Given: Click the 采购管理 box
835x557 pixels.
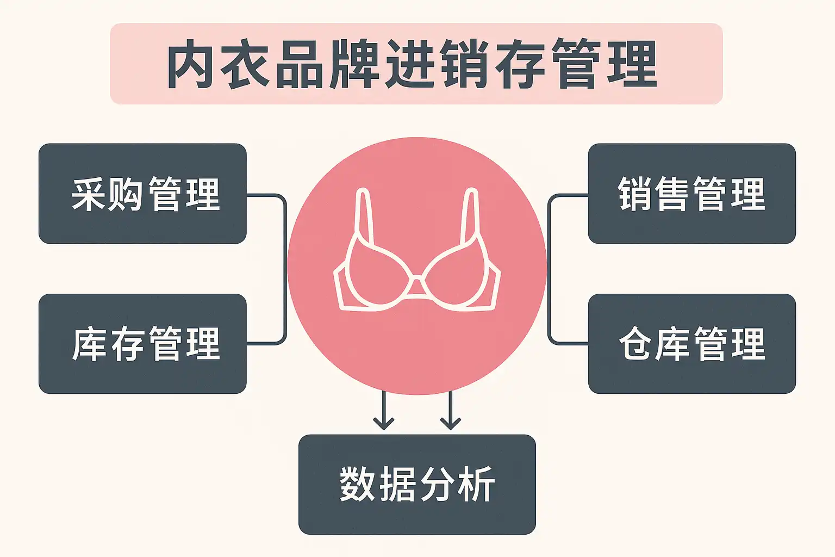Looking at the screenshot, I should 142,194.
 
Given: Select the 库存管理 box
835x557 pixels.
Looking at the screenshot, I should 142,344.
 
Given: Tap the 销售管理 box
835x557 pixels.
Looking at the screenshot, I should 691,194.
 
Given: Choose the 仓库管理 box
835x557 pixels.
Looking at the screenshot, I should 691,344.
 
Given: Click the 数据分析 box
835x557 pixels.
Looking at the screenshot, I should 417,484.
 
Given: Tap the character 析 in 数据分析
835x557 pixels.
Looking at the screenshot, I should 476,484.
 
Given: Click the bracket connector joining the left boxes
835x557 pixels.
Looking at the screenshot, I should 284,269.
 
